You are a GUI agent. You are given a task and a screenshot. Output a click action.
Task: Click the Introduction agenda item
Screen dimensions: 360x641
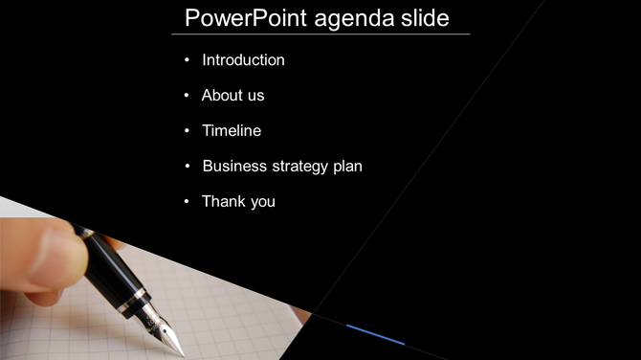tap(243, 59)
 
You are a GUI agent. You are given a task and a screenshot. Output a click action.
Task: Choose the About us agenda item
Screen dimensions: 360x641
tap(232, 95)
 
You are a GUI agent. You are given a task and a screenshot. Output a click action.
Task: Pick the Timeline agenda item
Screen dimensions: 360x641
tap(231, 130)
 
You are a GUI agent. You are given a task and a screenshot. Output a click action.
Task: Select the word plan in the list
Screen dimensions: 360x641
tap(347, 167)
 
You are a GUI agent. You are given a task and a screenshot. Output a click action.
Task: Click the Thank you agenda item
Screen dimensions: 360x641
tap(238, 201)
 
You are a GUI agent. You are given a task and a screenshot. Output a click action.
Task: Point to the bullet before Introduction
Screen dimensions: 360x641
tap(188, 60)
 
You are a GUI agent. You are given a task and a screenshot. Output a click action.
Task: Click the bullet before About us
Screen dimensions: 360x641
tap(188, 96)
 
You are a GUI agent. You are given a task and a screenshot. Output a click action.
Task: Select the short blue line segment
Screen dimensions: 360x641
tap(375, 334)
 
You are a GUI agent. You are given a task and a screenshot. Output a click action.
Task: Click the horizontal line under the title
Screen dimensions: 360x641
tap(320, 34)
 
